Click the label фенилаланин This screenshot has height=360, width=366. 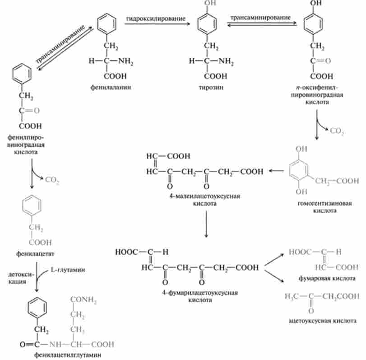tap(110, 87)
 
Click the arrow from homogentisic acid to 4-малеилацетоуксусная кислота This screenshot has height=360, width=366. tap(277, 171)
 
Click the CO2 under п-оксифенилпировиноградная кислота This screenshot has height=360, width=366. tap(336, 131)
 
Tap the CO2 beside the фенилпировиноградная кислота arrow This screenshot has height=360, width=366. tap(52, 180)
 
